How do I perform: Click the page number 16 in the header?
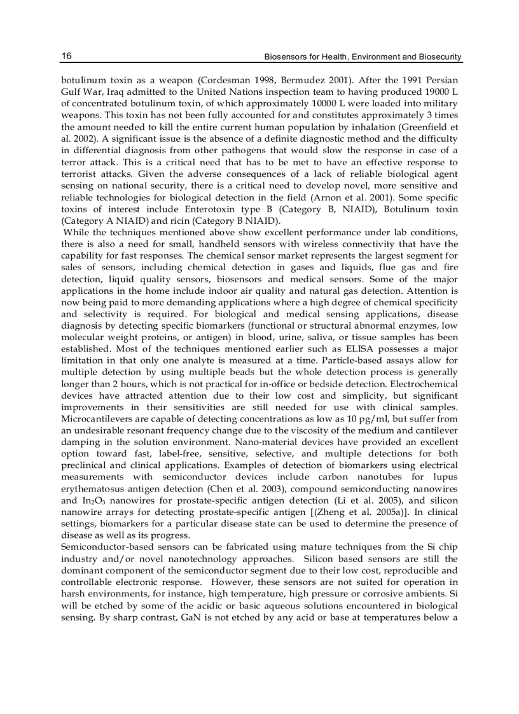(x=66, y=57)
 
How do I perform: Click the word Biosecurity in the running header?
(x=440, y=57)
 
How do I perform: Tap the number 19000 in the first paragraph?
(x=436, y=93)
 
